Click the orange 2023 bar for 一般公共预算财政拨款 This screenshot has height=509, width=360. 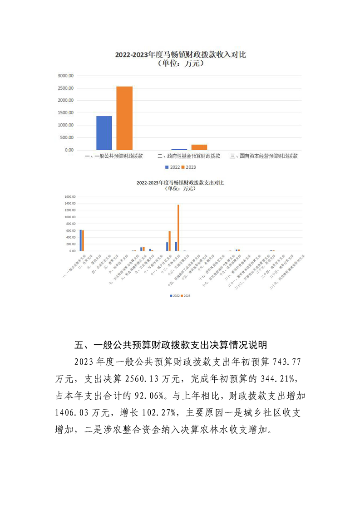point(124,118)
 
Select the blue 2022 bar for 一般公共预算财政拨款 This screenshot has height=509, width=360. point(104,133)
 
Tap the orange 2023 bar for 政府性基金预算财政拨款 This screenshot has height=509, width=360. point(199,147)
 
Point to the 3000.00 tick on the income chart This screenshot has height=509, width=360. point(65,75)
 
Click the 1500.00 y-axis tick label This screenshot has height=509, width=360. point(65,113)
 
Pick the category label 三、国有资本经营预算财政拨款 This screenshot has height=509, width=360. point(264,156)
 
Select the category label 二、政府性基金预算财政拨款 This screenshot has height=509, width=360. point(189,156)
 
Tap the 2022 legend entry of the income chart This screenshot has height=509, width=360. point(173,167)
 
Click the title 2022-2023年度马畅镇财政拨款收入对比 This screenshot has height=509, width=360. point(180,54)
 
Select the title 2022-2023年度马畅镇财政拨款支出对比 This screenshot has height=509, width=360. point(180,182)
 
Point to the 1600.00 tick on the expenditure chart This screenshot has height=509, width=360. point(69,197)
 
